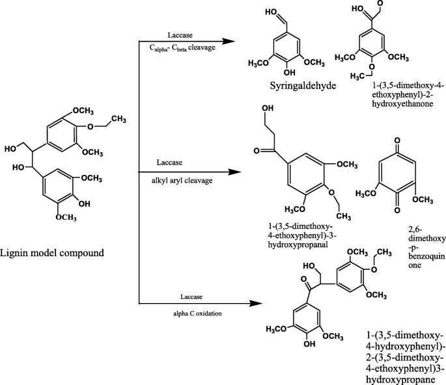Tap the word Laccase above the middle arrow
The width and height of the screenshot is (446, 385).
(171, 161)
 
